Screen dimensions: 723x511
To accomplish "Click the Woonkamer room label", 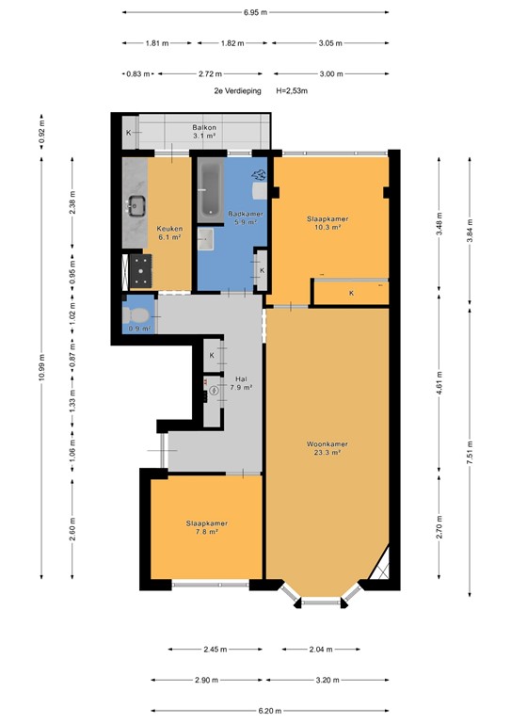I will [x=327, y=443].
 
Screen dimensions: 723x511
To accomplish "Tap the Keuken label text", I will [x=169, y=229].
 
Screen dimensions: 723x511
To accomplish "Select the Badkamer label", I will [x=246, y=214].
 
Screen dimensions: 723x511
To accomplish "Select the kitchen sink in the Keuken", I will [x=137, y=202].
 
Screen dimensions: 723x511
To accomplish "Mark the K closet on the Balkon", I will [x=129, y=133].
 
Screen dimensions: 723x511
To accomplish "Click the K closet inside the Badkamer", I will [x=261, y=270].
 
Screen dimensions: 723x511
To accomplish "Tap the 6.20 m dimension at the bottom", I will [x=256, y=711].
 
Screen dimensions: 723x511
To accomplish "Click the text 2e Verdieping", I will [x=232, y=91].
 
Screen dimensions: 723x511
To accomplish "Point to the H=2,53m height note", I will [x=293, y=91].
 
